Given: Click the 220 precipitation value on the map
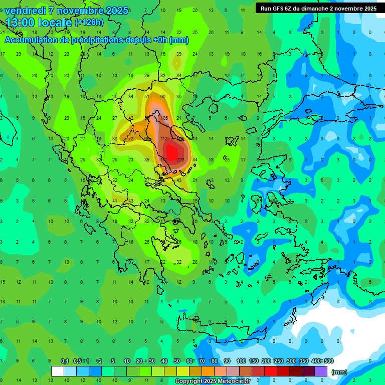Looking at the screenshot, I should point(180,160).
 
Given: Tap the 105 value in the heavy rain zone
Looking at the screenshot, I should point(164,118).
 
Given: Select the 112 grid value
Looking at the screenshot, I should point(164,139).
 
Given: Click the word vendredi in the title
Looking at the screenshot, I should point(26,11).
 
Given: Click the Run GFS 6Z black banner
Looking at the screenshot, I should point(318,9).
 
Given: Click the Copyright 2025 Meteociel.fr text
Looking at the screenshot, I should point(213,381).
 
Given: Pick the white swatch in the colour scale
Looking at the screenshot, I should point(58,371).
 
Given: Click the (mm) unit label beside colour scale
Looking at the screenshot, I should point(339,372).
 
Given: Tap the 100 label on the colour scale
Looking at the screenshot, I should point(241,361).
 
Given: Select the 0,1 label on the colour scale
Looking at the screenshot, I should point(65,361).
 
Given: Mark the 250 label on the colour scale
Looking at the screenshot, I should point(279,361).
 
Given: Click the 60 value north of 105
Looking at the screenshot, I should point(163,96).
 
